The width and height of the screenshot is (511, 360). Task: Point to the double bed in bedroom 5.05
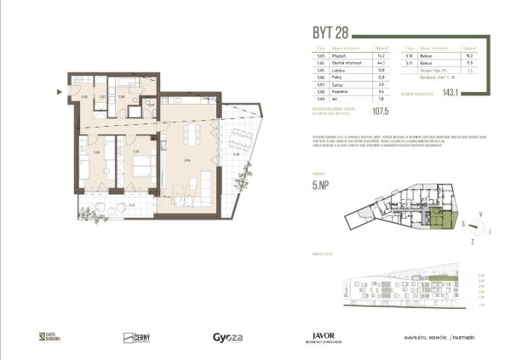pos(144,162)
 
